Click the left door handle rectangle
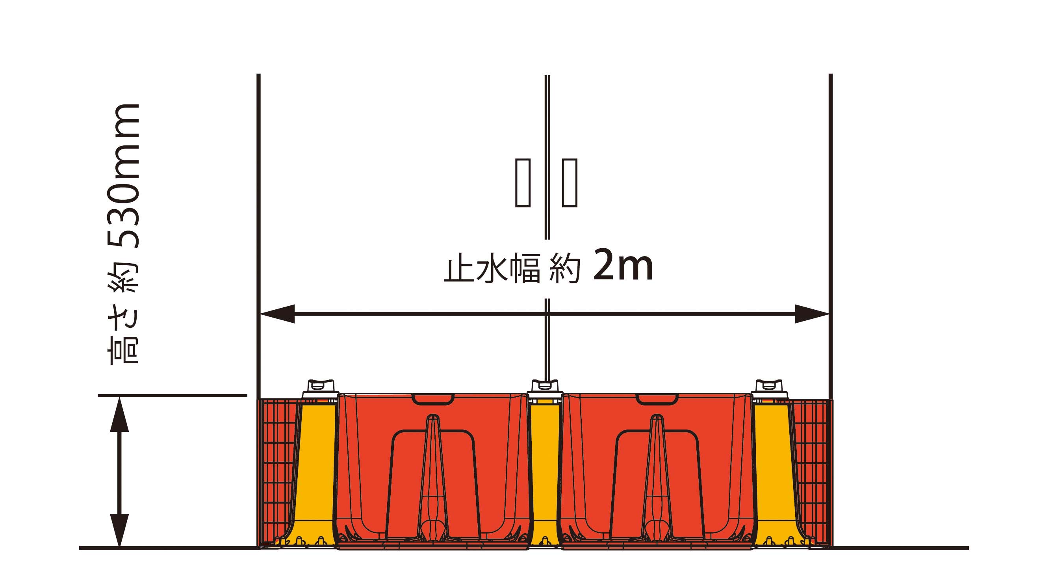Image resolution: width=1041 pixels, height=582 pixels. pos(523,183)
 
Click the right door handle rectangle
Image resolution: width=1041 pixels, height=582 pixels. pos(570,183)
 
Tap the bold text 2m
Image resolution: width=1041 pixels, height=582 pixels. pos(623,266)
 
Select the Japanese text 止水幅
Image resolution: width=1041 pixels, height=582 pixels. pos(492,268)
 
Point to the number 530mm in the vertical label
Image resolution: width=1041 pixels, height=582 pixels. pos(123,176)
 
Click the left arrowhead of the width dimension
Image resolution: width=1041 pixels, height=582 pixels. pos(277,314)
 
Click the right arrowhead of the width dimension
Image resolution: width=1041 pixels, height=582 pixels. pos(812,314)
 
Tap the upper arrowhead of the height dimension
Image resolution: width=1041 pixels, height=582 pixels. pos(120,414)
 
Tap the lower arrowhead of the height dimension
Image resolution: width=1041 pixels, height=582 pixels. pos(120,530)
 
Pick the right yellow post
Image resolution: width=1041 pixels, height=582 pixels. pos(774,473)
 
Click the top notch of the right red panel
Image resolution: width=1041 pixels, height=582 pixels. pos(657,398)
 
